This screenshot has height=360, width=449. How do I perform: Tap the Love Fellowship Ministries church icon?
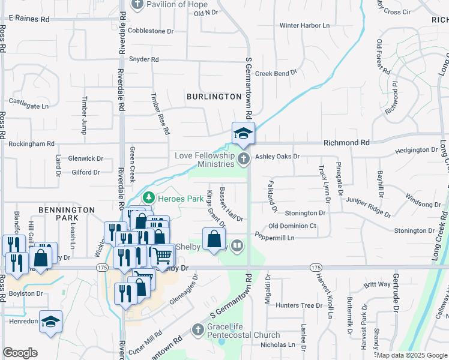243,159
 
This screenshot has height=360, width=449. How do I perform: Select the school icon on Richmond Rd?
244,133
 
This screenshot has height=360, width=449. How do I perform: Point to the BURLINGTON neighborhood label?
214,96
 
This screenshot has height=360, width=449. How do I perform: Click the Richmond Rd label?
346,143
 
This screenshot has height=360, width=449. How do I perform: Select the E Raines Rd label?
29,19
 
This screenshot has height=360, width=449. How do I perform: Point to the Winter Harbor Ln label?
305,26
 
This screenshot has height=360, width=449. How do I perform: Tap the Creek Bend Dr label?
276,73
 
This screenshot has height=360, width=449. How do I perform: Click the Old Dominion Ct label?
292,226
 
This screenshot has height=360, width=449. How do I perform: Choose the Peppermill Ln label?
275,238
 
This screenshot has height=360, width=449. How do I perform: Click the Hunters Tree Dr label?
299,305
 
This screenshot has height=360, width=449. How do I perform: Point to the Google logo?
20,353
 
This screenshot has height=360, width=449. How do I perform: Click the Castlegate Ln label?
28,106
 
